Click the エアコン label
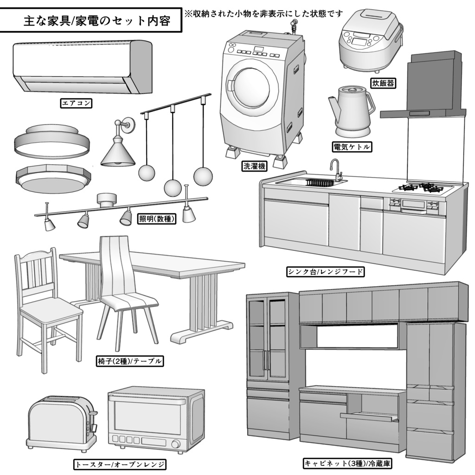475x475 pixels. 77,103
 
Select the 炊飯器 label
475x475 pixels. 383,83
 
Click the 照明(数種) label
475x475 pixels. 157,218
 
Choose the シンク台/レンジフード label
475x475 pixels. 325,271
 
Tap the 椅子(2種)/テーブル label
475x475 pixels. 131,361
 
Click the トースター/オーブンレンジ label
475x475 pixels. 120,464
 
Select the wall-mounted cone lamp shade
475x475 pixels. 118,153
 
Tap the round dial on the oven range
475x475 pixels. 176,444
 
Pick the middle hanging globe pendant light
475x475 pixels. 173,188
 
